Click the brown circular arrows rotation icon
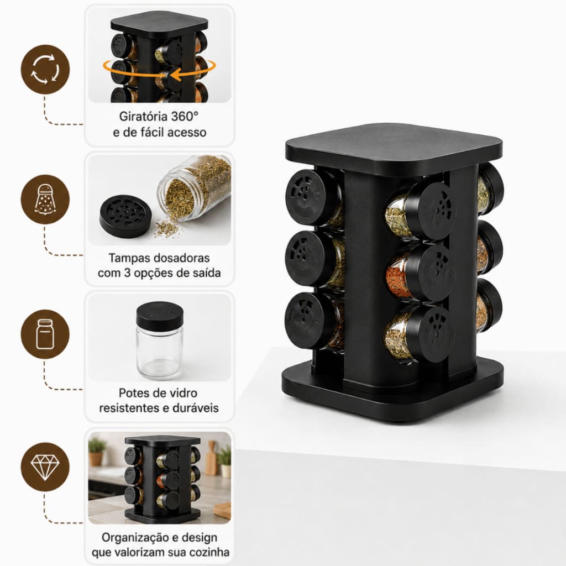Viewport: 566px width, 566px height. coord(45,69)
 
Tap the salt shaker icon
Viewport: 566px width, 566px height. coord(45,199)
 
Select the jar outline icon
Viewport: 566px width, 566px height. coord(45,334)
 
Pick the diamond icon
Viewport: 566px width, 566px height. coord(45,467)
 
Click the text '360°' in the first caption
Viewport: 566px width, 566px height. coord(185,116)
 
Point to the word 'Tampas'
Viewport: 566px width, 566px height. coord(128,259)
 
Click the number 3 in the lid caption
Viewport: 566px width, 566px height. coord(127,273)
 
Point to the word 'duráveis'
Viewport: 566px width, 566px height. coord(195,408)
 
